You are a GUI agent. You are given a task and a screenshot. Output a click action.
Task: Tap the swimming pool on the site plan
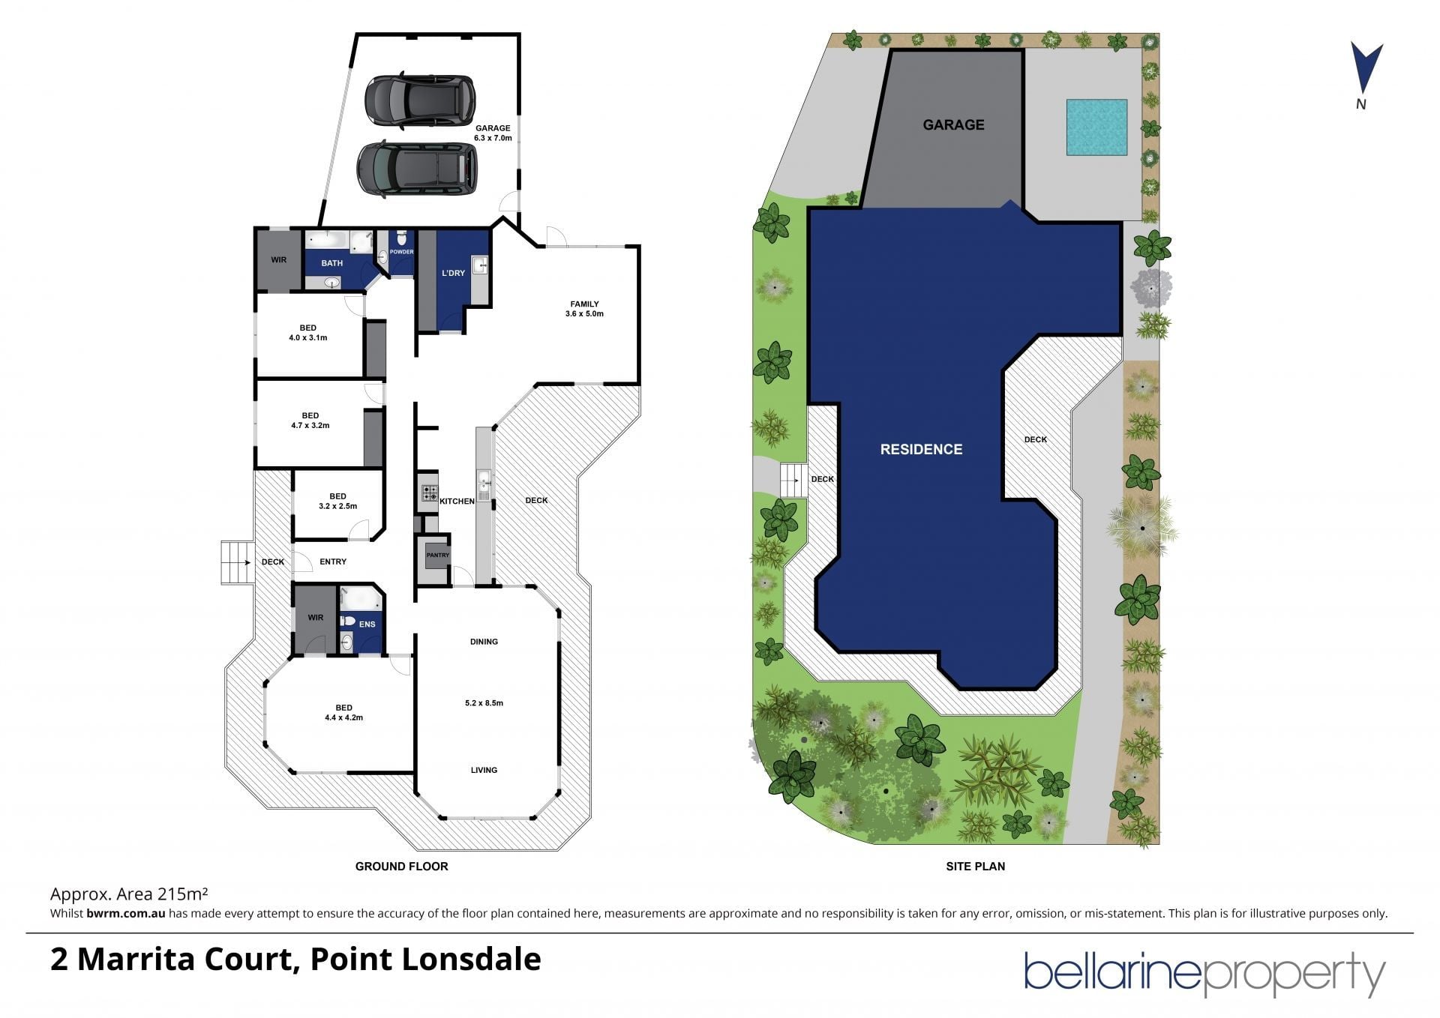tap(1097, 127)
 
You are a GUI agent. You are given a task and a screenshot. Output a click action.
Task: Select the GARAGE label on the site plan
tap(953, 124)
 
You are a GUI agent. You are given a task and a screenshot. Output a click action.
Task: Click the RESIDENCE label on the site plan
tap(921, 449)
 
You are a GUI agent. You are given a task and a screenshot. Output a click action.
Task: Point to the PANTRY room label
tap(437, 555)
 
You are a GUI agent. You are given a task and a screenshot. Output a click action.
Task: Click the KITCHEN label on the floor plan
tap(457, 501)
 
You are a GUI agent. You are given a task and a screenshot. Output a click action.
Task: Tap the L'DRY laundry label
tap(453, 273)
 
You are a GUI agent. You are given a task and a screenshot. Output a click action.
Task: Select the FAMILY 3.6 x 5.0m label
tap(584, 309)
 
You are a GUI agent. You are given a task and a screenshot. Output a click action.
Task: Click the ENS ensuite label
tap(367, 624)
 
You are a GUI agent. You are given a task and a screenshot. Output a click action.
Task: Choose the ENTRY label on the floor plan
tap(333, 561)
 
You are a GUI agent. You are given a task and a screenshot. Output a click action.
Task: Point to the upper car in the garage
tap(420, 100)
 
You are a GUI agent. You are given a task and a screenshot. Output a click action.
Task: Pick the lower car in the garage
tap(417, 169)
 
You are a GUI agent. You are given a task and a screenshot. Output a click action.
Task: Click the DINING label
tap(484, 642)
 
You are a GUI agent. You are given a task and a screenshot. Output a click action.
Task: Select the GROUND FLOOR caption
tap(401, 866)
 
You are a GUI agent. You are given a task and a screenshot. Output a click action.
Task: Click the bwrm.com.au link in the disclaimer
tap(125, 913)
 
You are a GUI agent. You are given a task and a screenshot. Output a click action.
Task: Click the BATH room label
tap(331, 263)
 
